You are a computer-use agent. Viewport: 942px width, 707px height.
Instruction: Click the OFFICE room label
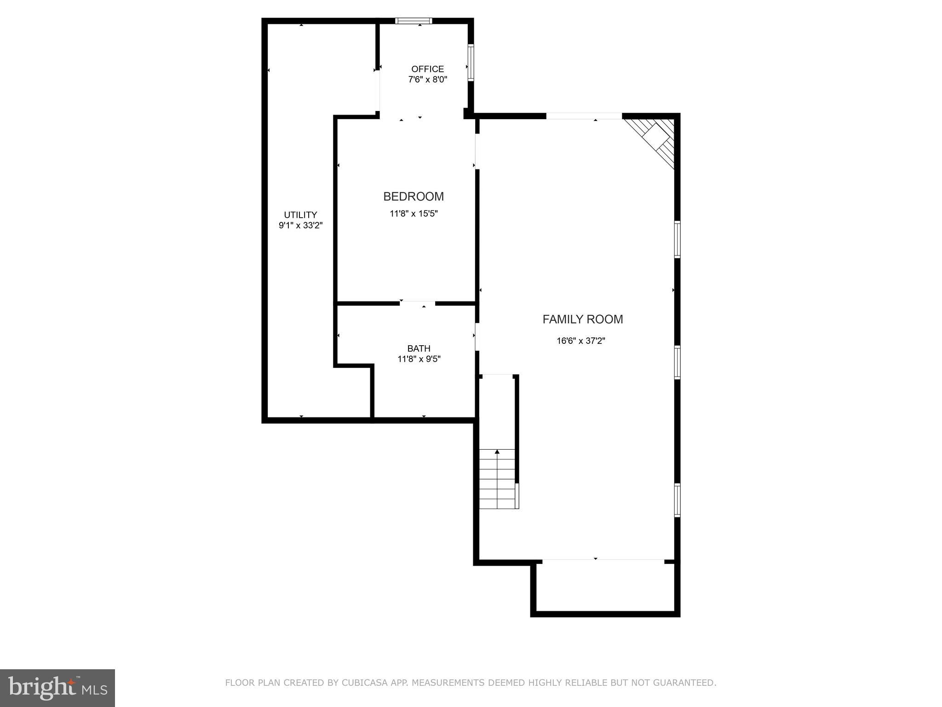pyautogui.click(x=427, y=69)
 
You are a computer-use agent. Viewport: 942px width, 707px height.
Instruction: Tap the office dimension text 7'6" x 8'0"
pyautogui.click(x=427, y=80)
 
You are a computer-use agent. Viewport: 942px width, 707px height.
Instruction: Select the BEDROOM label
pyautogui.click(x=414, y=197)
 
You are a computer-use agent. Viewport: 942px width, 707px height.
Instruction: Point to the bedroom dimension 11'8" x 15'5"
pyautogui.click(x=414, y=214)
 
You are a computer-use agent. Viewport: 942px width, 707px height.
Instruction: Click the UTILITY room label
pyautogui.click(x=300, y=215)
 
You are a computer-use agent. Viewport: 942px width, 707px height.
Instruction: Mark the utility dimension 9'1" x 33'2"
pyautogui.click(x=300, y=226)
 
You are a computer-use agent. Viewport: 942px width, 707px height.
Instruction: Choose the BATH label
pyautogui.click(x=419, y=348)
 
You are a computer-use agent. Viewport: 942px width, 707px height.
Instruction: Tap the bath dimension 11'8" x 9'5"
pyautogui.click(x=419, y=359)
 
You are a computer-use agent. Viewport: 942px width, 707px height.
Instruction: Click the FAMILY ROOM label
pyautogui.click(x=582, y=319)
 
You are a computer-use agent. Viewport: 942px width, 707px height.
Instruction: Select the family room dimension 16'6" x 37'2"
pyautogui.click(x=580, y=341)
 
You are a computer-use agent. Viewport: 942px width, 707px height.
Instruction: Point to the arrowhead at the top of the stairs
pyautogui.click(x=497, y=452)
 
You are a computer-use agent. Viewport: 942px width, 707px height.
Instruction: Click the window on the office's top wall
pyautogui.click(x=414, y=21)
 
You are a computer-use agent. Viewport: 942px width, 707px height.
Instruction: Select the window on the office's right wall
pyautogui.click(x=471, y=63)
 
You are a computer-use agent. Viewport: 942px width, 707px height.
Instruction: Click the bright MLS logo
pyautogui.click(x=57, y=688)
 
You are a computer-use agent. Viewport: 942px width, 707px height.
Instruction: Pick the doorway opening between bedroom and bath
pyautogui.click(x=417, y=303)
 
